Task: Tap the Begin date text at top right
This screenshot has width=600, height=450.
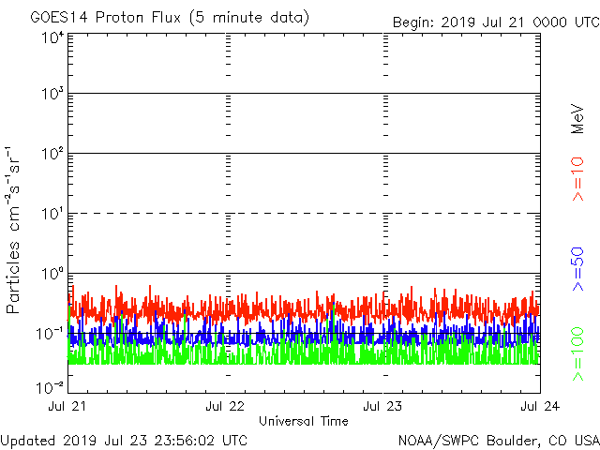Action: pos(495,21)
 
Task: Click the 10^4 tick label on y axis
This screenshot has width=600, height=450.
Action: pos(52,37)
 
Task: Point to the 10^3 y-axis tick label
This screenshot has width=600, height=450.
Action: pos(52,95)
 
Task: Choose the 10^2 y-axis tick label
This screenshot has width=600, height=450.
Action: pos(52,154)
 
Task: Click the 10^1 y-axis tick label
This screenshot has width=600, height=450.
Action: pos(52,214)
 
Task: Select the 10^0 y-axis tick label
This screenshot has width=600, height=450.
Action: pos(52,274)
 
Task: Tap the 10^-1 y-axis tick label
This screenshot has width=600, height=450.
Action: pos(51,333)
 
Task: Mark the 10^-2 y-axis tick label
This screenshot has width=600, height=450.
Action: pos(51,385)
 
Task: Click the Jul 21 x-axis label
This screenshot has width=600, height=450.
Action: pos(68,406)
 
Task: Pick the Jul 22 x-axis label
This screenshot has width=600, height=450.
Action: pos(226,406)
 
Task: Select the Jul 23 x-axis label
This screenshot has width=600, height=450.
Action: pos(383,406)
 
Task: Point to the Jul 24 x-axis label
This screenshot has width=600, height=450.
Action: pos(540,406)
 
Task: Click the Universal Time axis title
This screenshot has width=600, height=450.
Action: pos(303,421)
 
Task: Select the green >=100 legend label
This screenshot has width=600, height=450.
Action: pos(578,354)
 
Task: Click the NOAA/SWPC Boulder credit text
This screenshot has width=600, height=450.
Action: pos(498,440)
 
